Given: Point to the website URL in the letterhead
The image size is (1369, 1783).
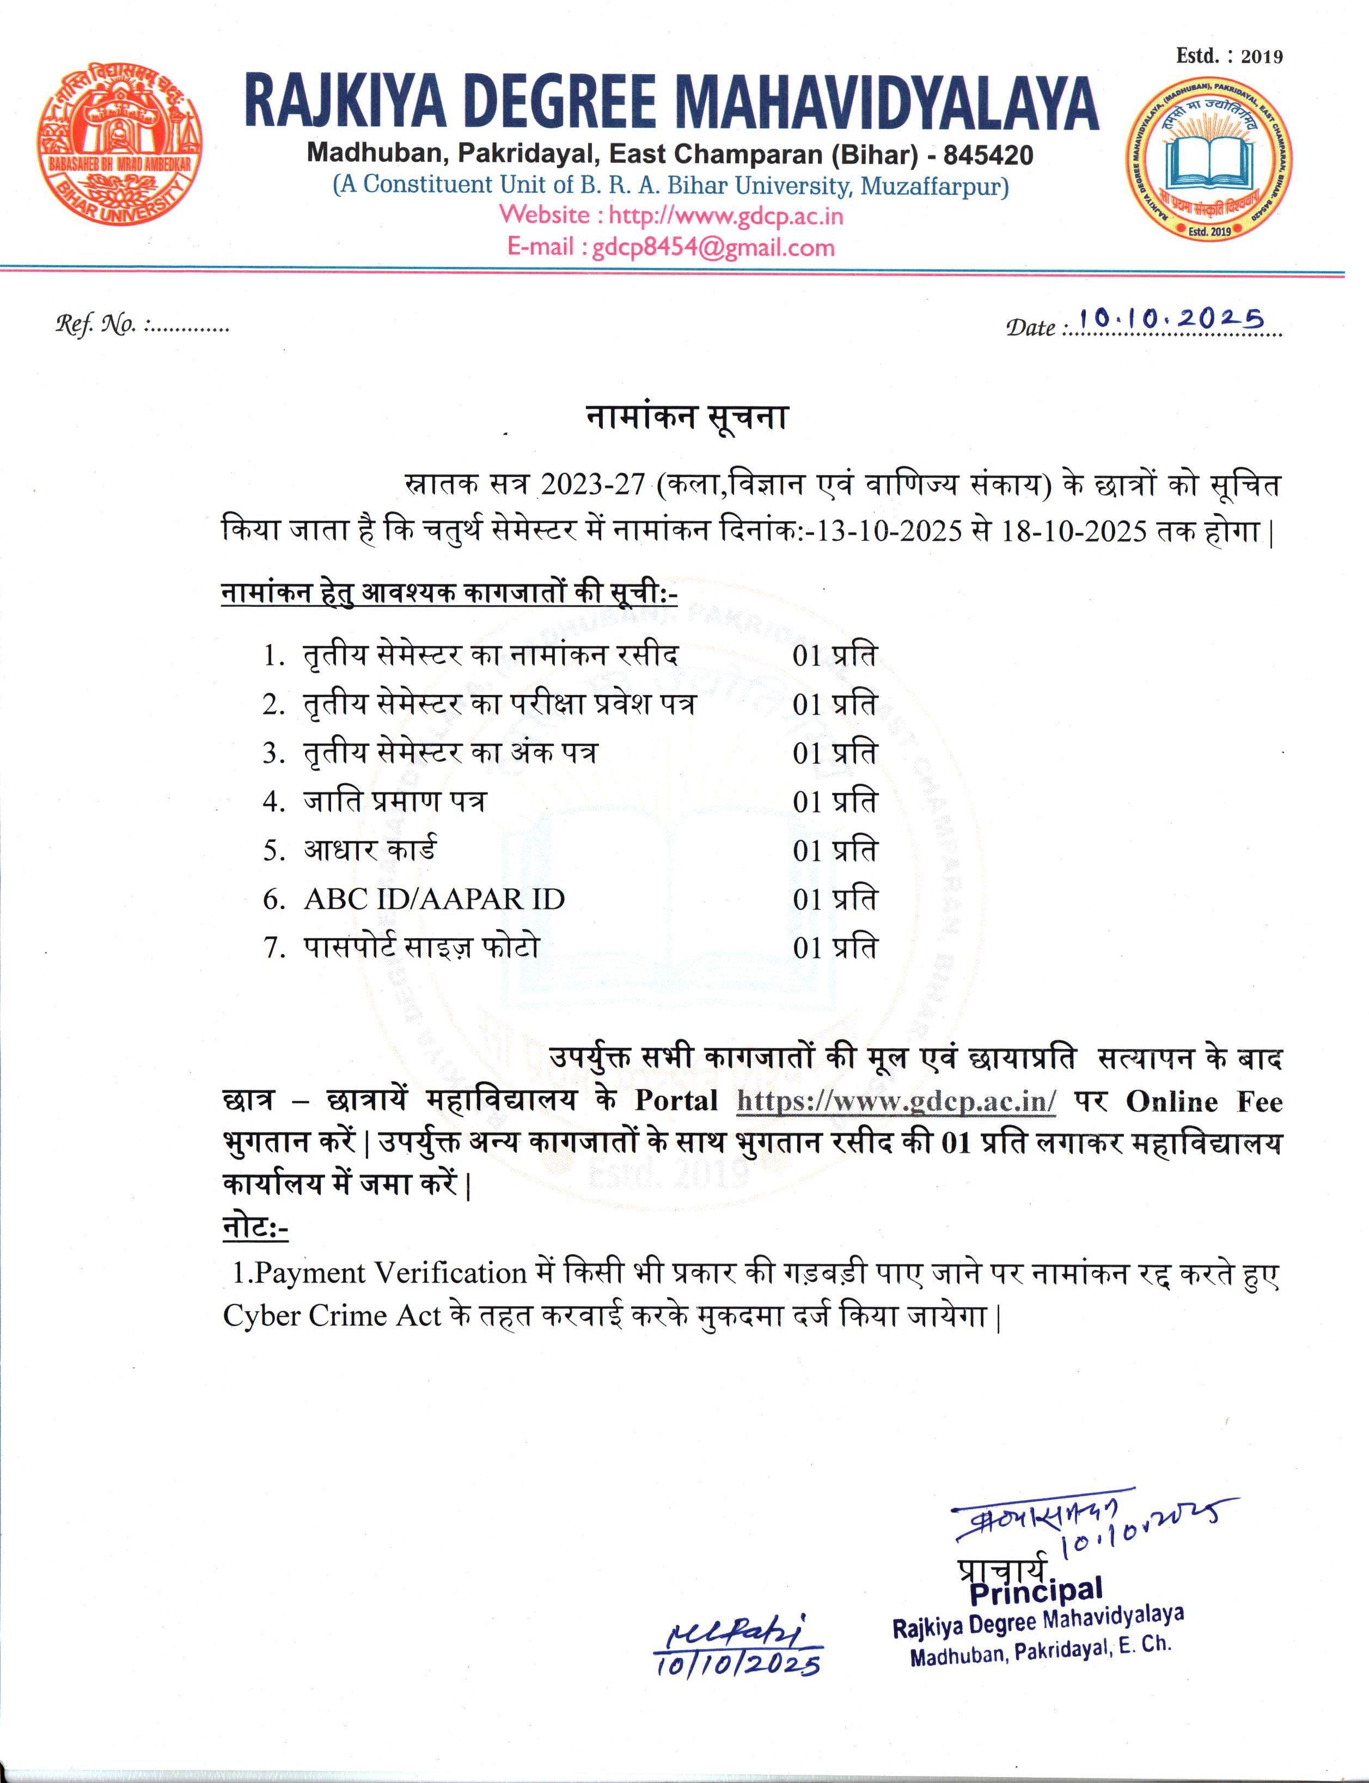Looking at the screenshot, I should coord(725,216).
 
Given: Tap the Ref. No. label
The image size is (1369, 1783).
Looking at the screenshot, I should coord(99,326).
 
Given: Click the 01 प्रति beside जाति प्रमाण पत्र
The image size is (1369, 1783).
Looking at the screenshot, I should coord(834,802).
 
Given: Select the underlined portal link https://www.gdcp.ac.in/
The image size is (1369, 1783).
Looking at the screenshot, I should coord(896,1102).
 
